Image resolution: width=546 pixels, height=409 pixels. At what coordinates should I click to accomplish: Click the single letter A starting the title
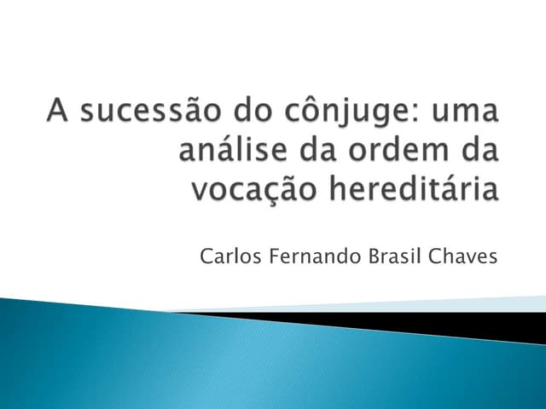58,113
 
